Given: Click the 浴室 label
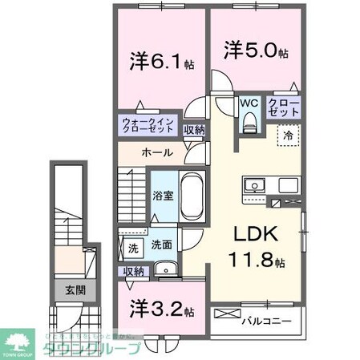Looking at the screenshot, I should coord(164,195).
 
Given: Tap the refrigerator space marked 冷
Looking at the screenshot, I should coord(287,137).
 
